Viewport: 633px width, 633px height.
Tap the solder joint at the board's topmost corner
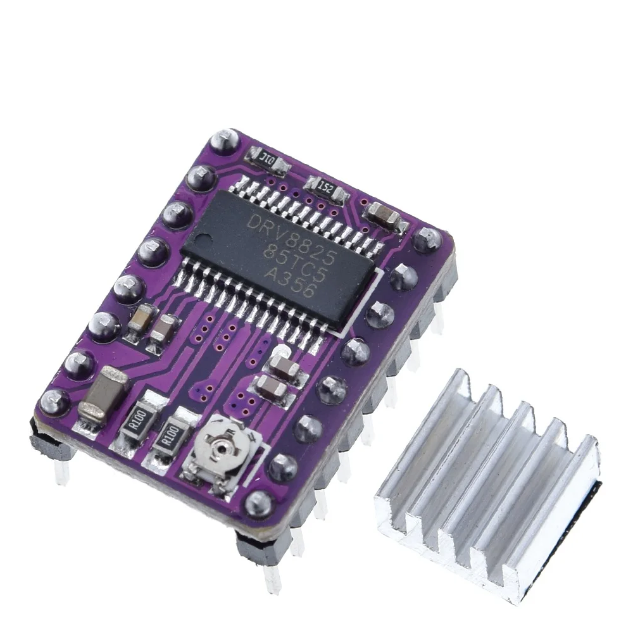[x=225, y=141]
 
